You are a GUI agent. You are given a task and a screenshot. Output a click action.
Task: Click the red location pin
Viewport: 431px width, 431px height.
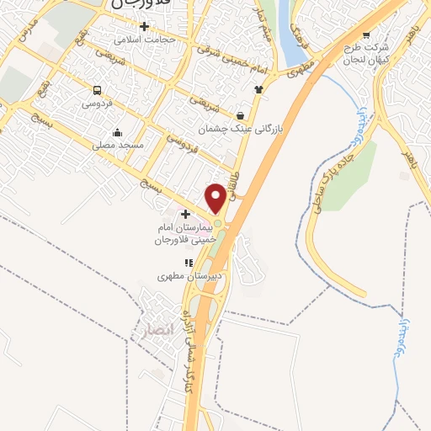215,198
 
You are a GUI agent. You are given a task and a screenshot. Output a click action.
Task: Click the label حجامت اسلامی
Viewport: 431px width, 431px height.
145,39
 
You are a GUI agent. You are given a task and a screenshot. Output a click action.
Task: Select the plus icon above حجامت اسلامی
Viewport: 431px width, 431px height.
145,26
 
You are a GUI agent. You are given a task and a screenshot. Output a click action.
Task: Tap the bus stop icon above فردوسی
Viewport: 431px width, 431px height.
97,91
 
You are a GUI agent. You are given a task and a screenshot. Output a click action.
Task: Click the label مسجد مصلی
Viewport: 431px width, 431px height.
117,146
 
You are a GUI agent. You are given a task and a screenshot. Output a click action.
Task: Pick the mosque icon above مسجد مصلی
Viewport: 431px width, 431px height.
117,132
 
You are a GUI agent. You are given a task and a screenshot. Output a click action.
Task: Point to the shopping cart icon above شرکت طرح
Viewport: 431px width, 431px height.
365,35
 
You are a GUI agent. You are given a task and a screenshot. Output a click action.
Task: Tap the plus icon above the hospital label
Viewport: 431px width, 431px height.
185,215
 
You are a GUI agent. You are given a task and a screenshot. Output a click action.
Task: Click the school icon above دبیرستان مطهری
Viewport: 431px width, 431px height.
189,263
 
